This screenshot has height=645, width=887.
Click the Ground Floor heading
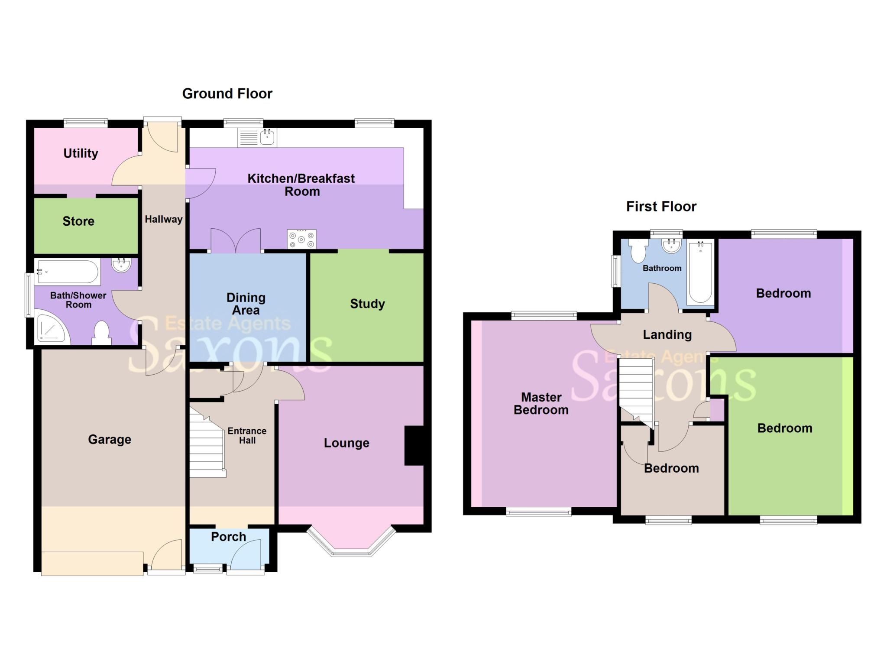pos(227,94)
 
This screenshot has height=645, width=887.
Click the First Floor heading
pos(661,207)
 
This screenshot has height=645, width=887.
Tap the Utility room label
pos(81,153)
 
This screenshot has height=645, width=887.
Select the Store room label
pos(78,221)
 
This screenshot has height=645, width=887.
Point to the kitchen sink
pos(257,138)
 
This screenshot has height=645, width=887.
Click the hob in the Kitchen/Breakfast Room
pos(301,239)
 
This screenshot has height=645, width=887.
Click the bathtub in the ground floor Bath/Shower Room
pos(68,272)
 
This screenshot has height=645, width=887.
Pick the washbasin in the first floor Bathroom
pos(671,245)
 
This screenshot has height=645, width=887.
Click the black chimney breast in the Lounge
pos(414,446)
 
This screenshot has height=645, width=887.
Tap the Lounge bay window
pos(351,541)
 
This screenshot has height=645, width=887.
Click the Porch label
pos(229,537)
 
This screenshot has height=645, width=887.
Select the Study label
pos(367,304)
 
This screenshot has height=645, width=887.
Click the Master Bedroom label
pos(541,404)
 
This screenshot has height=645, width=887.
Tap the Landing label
pos(667,335)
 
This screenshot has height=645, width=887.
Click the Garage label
pos(110,440)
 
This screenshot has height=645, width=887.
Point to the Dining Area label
pos(246,304)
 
